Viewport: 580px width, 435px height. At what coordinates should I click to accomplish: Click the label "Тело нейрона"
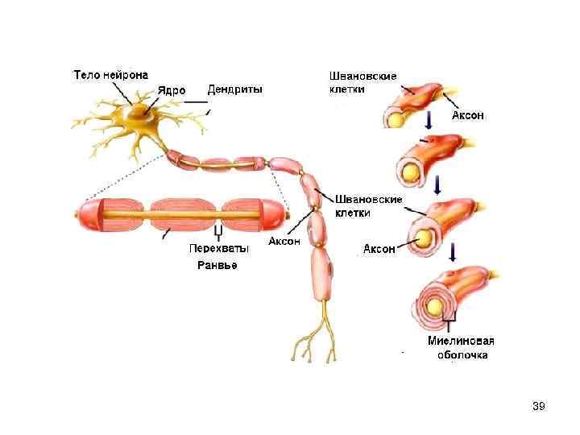pos(110,75)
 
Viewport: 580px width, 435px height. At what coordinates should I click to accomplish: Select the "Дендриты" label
pos(234,89)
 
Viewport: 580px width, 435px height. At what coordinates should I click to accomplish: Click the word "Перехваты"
pos(218,248)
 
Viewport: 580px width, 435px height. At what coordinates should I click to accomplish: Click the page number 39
pos(539,406)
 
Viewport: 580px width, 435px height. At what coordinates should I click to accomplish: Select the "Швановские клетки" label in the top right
pos(362,82)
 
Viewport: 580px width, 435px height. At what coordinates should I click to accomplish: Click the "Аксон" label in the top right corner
pos(467,115)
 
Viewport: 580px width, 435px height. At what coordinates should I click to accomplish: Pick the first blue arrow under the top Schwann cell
pos(429,121)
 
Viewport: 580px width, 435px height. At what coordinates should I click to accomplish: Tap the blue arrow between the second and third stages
pos(436,185)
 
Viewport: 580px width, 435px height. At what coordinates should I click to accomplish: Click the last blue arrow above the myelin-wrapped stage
pos(453,253)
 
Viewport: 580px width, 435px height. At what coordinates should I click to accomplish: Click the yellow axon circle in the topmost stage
pos(396,118)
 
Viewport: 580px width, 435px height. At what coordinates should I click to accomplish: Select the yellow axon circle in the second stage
pos(409,172)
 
